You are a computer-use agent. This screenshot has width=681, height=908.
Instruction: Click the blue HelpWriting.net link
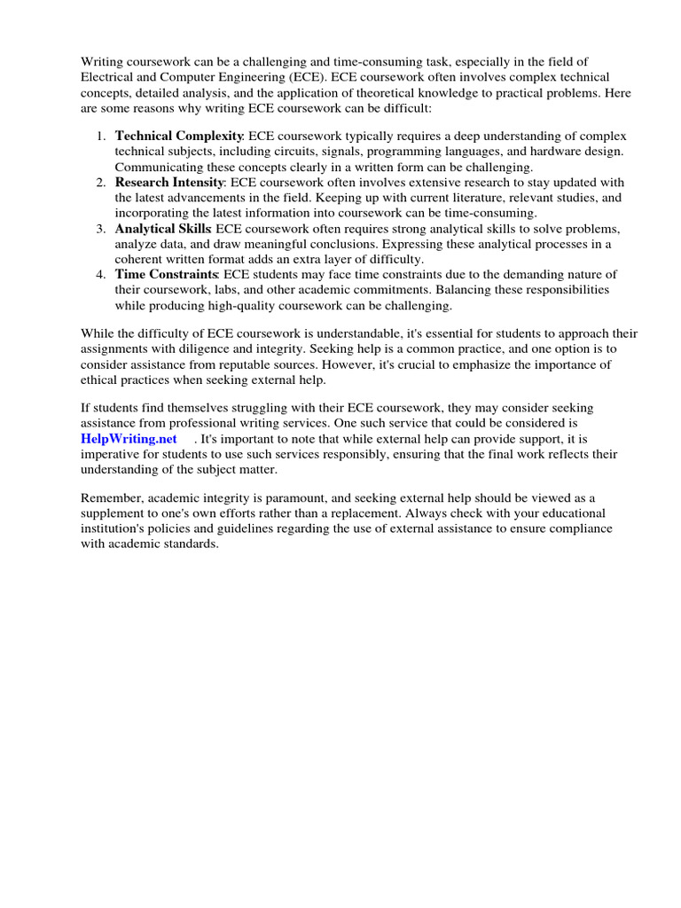click(x=129, y=439)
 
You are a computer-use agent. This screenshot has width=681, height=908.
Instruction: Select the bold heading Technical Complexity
click(x=179, y=136)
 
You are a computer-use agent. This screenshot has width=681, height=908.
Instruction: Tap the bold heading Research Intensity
click(x=170, y=182)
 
